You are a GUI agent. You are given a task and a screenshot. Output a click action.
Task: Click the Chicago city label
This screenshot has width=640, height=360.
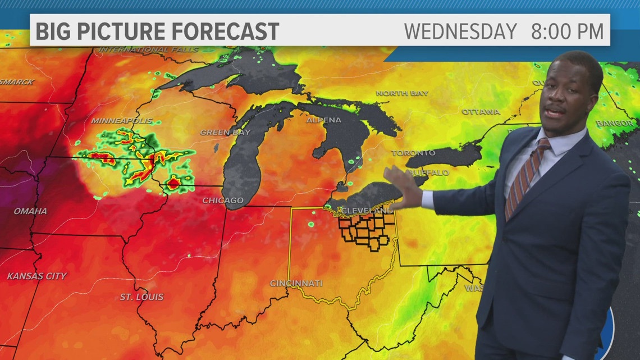tap(223, 200)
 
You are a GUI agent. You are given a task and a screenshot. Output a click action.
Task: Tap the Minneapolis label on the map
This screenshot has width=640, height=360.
tap(114, 121)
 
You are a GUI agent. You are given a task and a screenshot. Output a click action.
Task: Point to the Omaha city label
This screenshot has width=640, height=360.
tap(30, 211)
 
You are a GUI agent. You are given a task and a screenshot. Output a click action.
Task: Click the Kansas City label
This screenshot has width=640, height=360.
tap(36, 276)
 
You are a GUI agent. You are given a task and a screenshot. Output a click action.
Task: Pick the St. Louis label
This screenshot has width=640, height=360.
tap(141, 297)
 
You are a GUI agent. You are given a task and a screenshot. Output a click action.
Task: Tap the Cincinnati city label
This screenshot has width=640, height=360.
tap(296, 283)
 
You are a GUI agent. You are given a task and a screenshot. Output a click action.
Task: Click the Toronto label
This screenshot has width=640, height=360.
tap(413, 153)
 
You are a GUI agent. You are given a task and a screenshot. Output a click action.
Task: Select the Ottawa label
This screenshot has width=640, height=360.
tap(481, 112)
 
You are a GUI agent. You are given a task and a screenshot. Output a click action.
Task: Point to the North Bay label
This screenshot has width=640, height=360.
tap(402, 93)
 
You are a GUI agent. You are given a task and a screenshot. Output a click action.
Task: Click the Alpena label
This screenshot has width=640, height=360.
tap(323, 120)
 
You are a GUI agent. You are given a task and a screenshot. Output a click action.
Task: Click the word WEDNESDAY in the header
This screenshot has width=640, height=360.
tap(460, 31)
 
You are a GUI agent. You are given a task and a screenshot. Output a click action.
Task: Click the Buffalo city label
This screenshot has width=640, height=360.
tap(429, 172)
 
